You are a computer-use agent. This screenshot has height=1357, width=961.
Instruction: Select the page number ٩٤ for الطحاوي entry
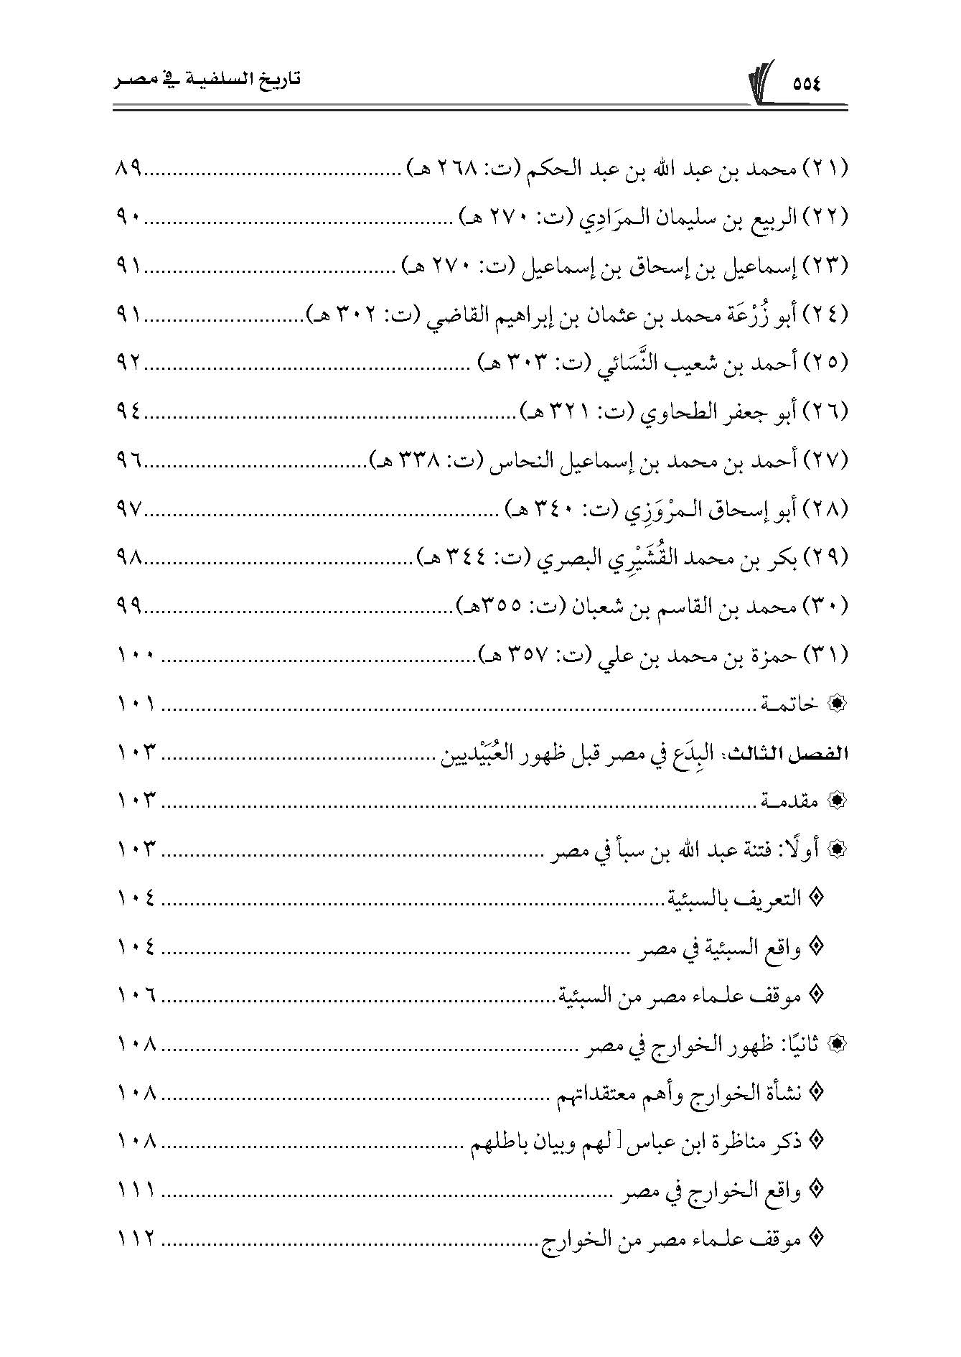click(x=130, y=412)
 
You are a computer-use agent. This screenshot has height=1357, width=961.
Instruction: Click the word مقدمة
click(x=789, y=801)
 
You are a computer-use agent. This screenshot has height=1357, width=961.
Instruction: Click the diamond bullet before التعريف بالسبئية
click(x=815, y=898)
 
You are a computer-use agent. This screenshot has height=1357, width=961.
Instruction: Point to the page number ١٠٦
click(x=136, y=996)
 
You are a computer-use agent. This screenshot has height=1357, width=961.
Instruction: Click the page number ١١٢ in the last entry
click(x=136, y=1239)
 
